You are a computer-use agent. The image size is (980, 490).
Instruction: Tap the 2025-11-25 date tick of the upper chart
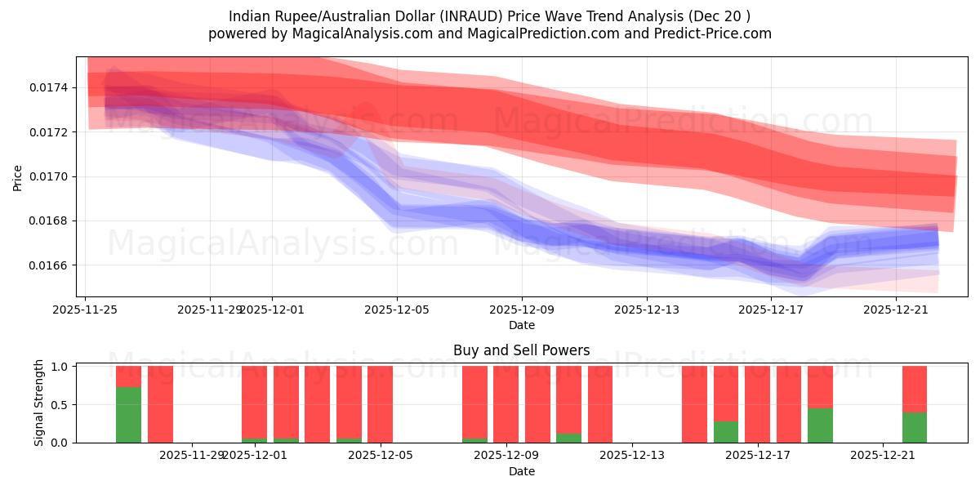[x=85, y=310]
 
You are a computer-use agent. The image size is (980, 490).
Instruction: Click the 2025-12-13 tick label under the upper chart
[x=647, y=310]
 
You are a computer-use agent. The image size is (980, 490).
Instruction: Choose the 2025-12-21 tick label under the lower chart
[x=884, y=455]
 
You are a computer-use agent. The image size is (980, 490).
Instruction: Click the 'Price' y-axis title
[x=18, y=176]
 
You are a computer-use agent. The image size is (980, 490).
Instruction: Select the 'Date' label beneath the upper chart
[x=522, y=325]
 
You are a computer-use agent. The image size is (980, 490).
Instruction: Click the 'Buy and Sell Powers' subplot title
[x=522, y=350]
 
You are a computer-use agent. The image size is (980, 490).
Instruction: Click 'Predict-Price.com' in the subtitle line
[x=710, y=33]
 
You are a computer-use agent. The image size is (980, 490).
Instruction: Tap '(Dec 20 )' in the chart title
[x=719, y=16]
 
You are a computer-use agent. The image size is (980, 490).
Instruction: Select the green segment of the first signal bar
[x=128, y=415]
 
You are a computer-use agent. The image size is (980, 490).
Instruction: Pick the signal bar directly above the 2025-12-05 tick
[x=381, y=404]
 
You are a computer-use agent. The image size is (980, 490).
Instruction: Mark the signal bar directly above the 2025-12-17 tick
[x=758, y=404]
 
